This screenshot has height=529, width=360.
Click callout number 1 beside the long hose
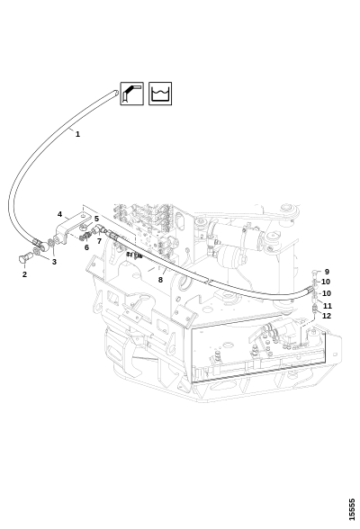tap(77, 134)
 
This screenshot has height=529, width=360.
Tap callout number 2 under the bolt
tap(24, 274)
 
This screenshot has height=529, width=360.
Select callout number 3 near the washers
tap(54, 262)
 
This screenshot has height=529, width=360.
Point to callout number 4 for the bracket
tap(59, 214)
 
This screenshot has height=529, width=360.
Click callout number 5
tap(96, 219)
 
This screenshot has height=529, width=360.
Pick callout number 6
tap(86, 247)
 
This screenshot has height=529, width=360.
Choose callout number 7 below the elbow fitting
tap(99, 241)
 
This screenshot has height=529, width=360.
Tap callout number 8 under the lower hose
tap(160, 280)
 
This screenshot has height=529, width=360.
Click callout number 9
tap(327, 272)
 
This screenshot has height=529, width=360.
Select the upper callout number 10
tap(326, 282)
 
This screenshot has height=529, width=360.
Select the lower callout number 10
tap(327, 293)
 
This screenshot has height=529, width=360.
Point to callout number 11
tap(328, 306)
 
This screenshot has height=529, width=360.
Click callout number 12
tap(327, 316)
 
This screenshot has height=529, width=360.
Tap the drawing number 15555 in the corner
tap(352, 509)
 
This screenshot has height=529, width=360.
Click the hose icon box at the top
tap(132, 94)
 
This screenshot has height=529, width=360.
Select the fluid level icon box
tap(160, 94)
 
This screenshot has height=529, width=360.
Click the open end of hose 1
tap(116, 92)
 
